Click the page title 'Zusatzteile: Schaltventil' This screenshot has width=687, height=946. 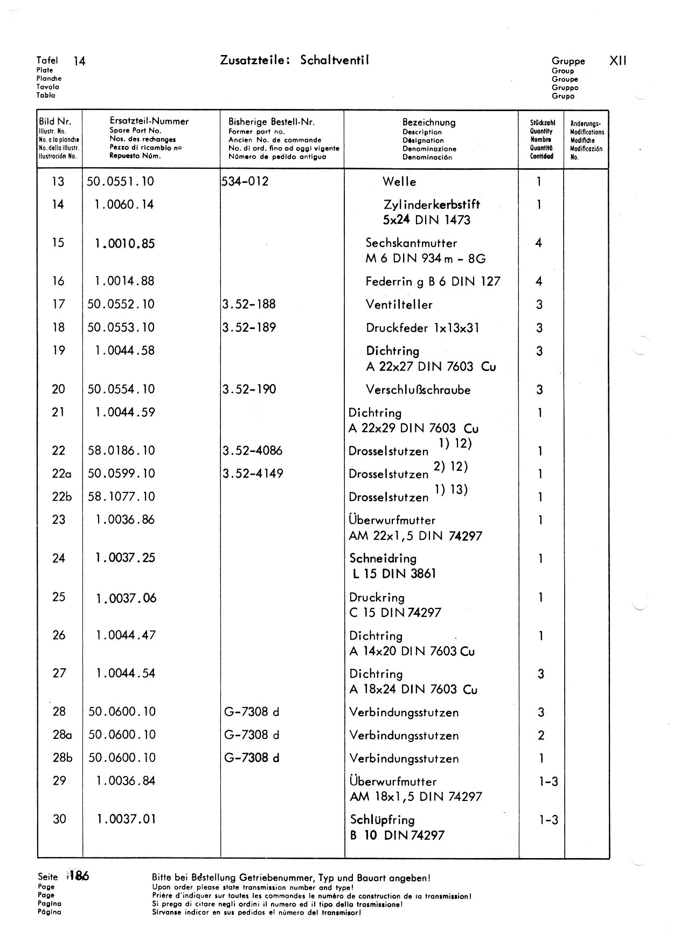(x=294, y=60)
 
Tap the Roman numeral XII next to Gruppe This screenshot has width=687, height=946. (x=617, y=61)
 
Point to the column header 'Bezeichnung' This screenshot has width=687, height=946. (x=429, y=122)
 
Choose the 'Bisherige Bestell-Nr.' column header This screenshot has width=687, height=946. (x=272, y=122)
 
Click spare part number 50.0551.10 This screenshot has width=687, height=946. (x=121, y=182)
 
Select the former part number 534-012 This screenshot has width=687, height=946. (x=245, y=181)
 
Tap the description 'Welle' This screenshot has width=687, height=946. (x=399, y=182)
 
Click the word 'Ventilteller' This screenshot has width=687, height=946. (x=399, y=305)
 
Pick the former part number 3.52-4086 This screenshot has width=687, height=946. (x=252, y=450)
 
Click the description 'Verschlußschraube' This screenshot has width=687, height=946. (x=418, y=389)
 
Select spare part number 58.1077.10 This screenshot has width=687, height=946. (x=121, y=497)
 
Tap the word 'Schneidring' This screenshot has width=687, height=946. (x=383, y=558)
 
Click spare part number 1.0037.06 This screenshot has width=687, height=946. (x=126, y=598)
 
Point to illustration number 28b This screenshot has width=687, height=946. (x=63, y=758)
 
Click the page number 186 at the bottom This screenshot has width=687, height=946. (x=79, y=876)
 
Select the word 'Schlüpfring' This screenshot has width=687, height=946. (x=383, y=820)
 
